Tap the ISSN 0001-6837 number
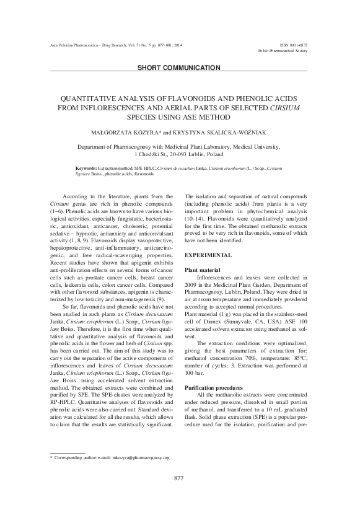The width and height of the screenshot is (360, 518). point(294,46)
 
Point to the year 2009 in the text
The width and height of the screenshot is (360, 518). point(193,288)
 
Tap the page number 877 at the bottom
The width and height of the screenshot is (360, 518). point(180,495)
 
